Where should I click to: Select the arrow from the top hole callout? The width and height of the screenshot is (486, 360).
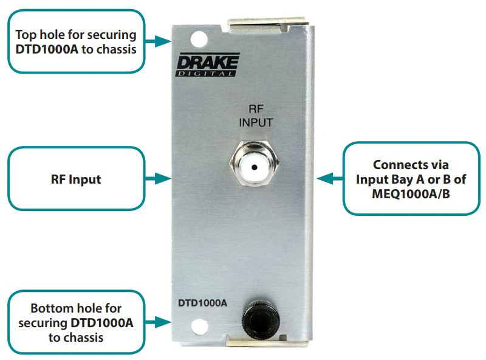click(x=159, y=41)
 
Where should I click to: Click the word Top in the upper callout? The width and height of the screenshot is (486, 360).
click(x=26, y=35)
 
